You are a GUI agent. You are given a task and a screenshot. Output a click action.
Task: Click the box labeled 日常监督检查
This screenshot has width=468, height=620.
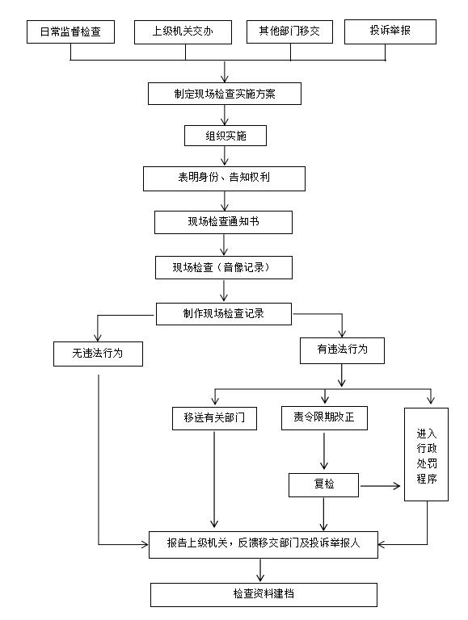click(x=70, y=31)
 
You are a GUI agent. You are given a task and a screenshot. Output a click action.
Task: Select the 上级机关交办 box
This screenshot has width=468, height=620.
click(x=183, y=31)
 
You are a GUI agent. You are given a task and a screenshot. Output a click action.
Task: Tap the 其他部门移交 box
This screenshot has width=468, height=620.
click(x=289, y=31)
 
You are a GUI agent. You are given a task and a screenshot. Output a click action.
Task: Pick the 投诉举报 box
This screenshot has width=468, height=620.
click(x=390, y=31)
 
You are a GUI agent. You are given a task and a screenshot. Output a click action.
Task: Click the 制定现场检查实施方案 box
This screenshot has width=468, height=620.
click(x=225, y=94)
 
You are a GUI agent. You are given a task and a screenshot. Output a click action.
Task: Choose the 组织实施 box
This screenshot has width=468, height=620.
click(x=226, y=136)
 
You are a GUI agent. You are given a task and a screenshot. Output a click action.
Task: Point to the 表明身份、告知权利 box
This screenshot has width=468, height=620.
click(x=224, y=178)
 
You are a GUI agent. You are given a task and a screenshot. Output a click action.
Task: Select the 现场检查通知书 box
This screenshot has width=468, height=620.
click(x=223, y=222)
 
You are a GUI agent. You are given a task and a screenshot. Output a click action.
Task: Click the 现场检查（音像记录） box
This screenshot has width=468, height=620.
click(x=224, y=268)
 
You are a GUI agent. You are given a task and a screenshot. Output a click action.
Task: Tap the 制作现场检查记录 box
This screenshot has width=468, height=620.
click(x=224, y=314)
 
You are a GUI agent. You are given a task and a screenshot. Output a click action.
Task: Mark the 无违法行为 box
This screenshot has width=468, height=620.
click(x=98, y=354)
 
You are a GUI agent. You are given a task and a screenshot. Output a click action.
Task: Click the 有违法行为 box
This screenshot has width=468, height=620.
click(x=342, y=350)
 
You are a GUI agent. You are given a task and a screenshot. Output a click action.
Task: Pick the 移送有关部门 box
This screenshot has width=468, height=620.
click(x=214, y=418)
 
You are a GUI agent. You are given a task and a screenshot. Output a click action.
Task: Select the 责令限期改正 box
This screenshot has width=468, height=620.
click(x=324, y=418)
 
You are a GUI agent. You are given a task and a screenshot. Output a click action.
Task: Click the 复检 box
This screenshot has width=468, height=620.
click(x=323, y=484)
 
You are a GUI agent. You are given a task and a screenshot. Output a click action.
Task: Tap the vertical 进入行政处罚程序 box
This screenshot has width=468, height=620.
click(x=426, y=455)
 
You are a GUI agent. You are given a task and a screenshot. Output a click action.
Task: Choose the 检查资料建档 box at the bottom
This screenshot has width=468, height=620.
click(x=264, y=594)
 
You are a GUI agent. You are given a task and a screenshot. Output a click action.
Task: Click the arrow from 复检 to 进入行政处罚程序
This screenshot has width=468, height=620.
click(x=380, y=485)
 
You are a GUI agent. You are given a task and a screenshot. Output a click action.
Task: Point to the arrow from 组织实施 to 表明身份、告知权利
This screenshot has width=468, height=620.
click(x=225, y=155)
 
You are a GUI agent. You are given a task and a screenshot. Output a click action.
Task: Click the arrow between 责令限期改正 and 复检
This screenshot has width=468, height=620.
click(x=324, y=450)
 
